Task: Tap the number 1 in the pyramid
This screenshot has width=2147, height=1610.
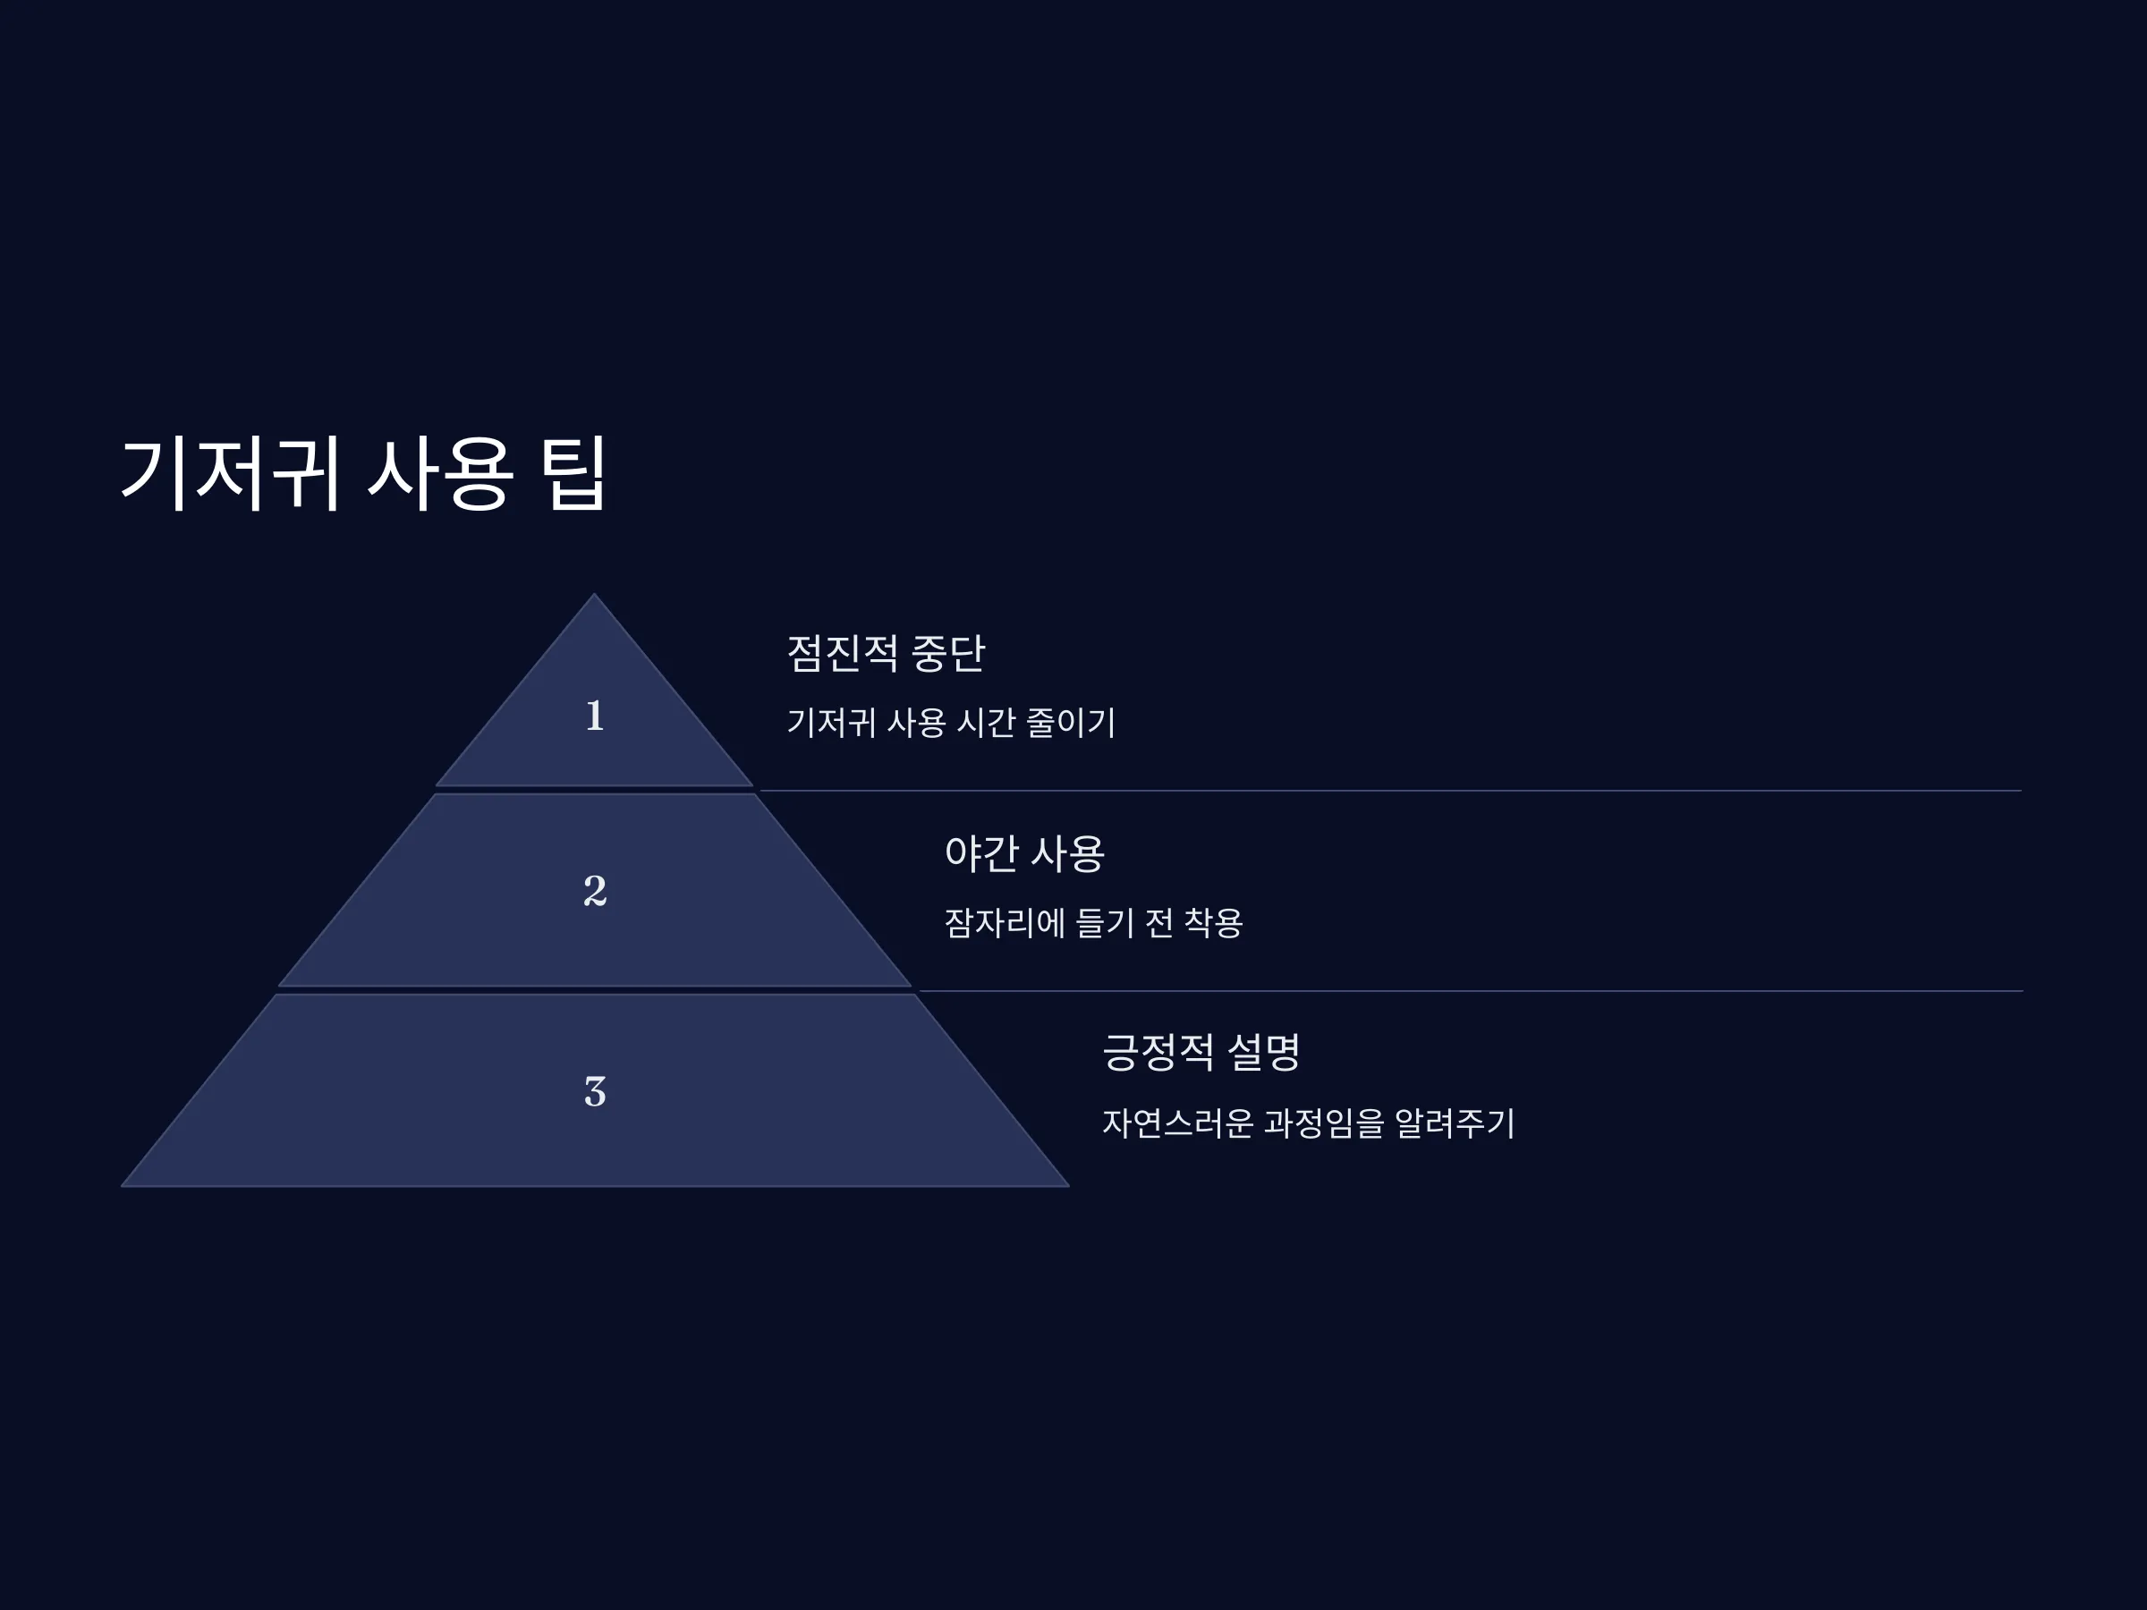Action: [x=595, y=716]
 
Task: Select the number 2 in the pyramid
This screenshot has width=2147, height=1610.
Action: [x=595, y=890]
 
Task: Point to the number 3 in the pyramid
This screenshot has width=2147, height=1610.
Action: [x=595, y=1092]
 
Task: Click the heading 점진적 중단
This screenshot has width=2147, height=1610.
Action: [x=886, y=653]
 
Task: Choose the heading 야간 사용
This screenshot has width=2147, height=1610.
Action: [x=1024, y=853]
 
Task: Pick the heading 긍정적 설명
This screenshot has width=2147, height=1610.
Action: [x=1201, y=1052]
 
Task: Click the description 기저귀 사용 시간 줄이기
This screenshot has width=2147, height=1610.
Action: [x=951, y=722]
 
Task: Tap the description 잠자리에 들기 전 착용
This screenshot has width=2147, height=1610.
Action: [x=1093, y=922]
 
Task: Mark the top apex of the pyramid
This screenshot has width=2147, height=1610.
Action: [x=595, y=594]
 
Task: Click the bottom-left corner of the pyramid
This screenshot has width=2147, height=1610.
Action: [x=122, y=1186]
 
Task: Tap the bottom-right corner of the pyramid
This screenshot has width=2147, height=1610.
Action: [x=1069, y=1186]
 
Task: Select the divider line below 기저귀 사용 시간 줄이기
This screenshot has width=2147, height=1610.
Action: [x=1391, y=791]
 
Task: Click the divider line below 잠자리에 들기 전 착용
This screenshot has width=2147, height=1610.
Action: [x=1472, y=991]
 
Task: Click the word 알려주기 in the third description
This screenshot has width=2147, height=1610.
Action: [x=1455, y=1123]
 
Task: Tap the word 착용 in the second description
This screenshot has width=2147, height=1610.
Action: [x=1213, y=922]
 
